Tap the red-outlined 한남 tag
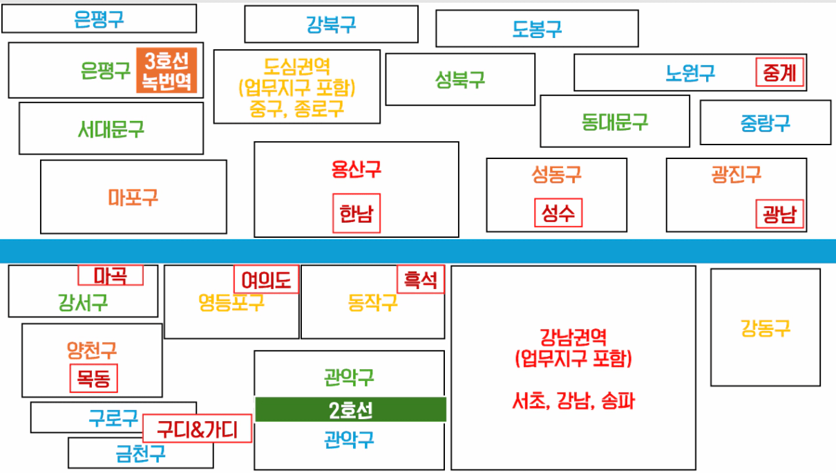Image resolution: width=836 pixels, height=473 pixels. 356,213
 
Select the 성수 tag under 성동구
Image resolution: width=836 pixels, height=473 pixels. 558,212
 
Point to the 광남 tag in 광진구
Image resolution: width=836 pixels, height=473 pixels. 780,214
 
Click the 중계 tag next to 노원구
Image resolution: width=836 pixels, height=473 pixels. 780,73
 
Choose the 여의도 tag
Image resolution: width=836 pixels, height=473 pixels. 266,279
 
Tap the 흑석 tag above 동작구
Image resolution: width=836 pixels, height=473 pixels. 421,279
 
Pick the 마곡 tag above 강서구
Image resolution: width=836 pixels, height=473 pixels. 111,275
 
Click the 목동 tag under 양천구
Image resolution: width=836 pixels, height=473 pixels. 94,378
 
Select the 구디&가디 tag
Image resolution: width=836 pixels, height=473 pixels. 197,430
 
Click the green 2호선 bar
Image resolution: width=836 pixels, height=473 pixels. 350,409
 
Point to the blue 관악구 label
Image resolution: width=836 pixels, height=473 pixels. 349,439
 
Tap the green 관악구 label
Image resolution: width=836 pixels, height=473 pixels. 349,378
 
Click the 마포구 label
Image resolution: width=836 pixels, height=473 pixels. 133,198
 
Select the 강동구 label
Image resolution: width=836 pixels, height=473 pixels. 765,327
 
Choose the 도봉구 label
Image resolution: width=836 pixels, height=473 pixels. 537,29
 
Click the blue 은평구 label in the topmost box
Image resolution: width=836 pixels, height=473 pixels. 99,19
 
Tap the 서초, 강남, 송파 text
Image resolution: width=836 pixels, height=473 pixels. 573,400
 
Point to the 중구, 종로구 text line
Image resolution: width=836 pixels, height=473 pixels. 297,109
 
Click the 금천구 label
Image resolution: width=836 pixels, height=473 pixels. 140,454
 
